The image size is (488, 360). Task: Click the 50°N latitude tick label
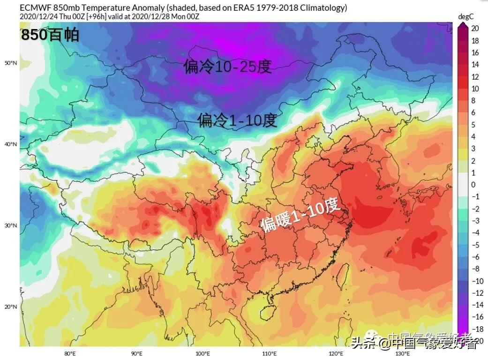coord(11,63)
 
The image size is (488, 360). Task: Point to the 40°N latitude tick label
coord(11,144)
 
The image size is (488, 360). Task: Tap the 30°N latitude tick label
coord(11,225)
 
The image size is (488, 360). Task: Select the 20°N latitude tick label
coord(11,307)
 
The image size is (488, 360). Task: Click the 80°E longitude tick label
coord(70,353)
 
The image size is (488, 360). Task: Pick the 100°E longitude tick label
coord(203,353)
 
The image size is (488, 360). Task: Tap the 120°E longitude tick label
coord(336,353)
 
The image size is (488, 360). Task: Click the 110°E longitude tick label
coord(269,353)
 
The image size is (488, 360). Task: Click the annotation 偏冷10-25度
coord(227,67)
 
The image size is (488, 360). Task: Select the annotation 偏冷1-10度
coord(237,120)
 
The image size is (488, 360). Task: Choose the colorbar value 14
coord(475,65)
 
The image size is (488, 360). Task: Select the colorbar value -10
coord(475,281)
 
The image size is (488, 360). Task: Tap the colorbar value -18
coord(475,329)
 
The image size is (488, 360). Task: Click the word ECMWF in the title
coord(35,7)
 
